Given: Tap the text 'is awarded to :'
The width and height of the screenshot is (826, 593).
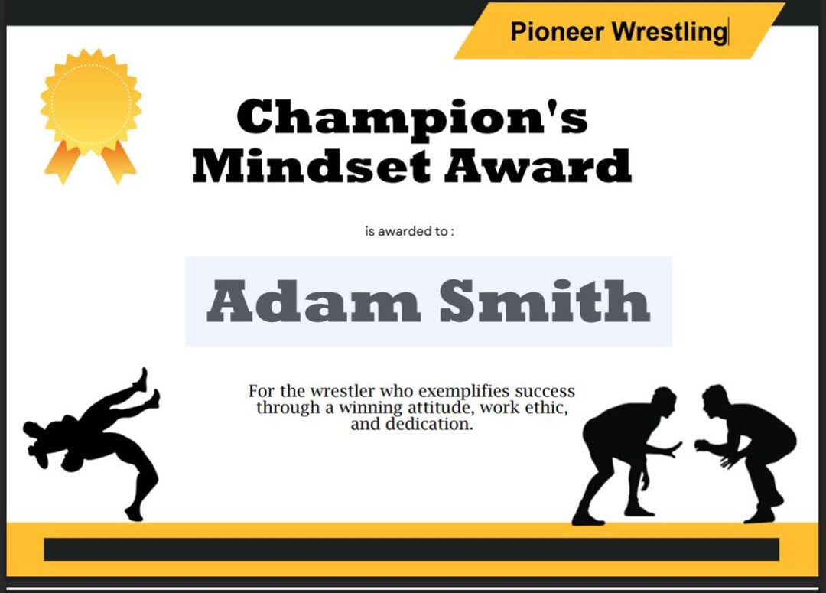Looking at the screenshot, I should [x=409, y=231].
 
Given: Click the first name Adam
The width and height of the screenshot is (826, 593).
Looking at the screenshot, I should [x=314, y=301].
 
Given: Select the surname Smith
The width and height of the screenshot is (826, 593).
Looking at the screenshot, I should [x=545, y=301].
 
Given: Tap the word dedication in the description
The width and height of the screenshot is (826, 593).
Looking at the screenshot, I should [x=429, y=424].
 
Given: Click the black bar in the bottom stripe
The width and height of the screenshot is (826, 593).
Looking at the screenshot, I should [x=411, y=549].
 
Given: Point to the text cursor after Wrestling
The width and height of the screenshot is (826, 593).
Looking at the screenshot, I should [x=729, y=32].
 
